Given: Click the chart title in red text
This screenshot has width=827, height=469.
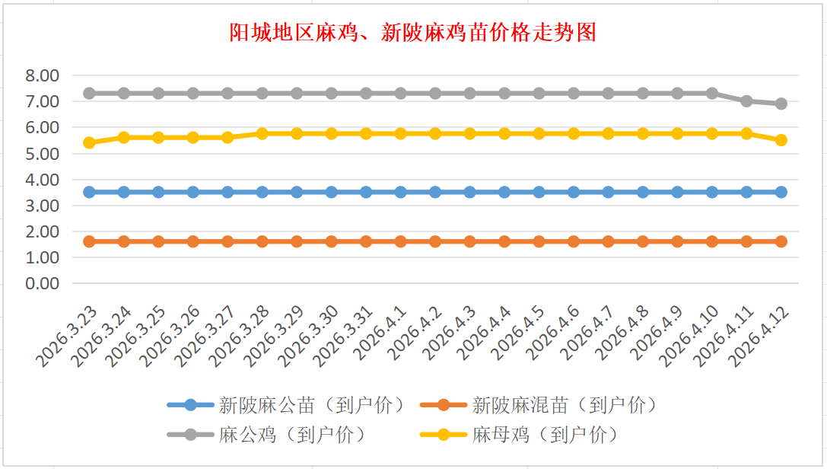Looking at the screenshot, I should (413, 33).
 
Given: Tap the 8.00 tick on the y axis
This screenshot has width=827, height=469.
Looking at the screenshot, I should (42, 75).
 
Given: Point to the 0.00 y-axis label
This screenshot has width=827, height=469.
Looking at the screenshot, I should (42, 283).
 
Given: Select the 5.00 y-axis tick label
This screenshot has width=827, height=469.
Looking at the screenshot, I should (42, 154).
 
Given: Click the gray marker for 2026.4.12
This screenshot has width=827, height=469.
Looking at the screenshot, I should (781, 104).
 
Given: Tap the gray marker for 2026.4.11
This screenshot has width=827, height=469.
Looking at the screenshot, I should (746, 100).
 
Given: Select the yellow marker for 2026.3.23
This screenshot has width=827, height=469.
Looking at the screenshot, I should (89, 142).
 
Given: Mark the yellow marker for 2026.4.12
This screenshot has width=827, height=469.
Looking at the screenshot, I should (781, 140).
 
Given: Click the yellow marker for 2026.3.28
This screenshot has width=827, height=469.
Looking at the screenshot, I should (262, 133).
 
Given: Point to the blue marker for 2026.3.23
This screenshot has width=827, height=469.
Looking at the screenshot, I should (89, 192).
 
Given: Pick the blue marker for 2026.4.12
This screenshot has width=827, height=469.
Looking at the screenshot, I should (781, 192).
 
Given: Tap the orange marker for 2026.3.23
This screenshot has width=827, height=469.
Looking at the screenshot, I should (89, 241).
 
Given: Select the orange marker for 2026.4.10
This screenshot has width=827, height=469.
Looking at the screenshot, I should (712, 241).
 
